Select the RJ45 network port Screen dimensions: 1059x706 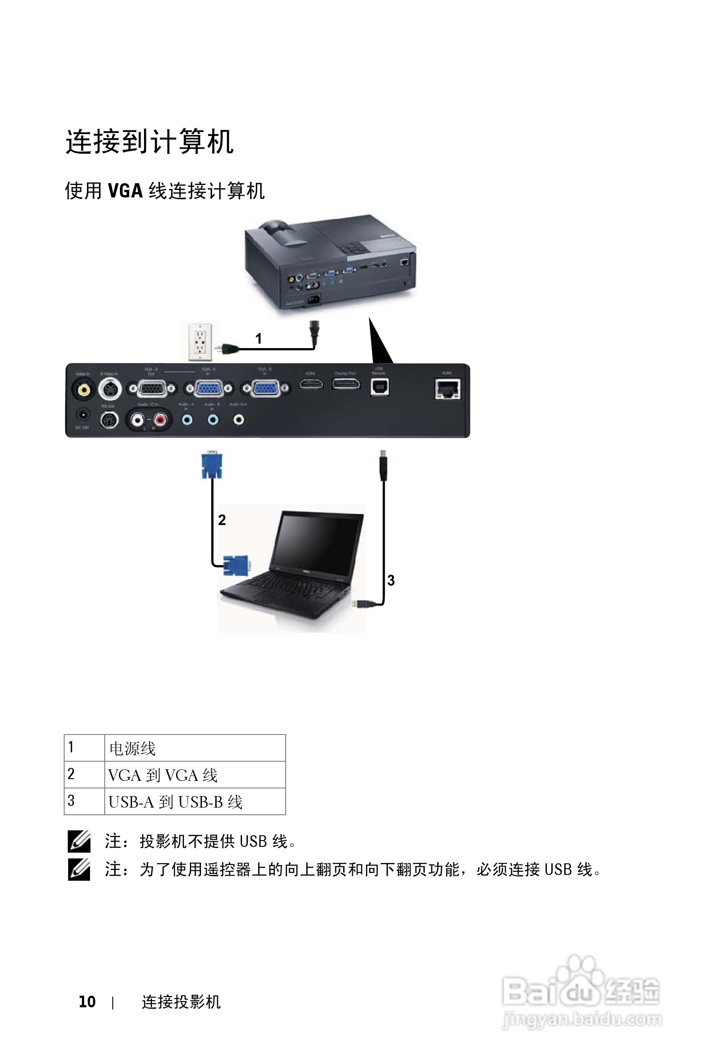pyautogui.click(x=447, y=389)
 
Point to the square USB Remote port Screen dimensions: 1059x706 pyautogui.click(x=380, y=387)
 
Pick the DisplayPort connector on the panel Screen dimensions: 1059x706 pyautogui.click(x=346, y=384)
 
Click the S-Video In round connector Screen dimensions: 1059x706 pyautogui.click(x=110, y=388)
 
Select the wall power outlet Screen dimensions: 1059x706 pyautogui.click(x=200, y=342)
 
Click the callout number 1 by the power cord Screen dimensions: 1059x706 pyautogui.click(x=259, y=338)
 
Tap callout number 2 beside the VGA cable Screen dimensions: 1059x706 pyautogui.click(x=222, y=520)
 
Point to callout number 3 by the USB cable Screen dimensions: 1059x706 pyautogui.click(x=391, y=580)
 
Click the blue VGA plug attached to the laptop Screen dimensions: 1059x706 pyautogui.click(x=236, y=566)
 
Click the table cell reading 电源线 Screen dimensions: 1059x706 pyautogui.click(x=195, y=748)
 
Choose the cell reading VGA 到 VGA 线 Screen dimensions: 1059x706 pyautogui.click(x=195, y=775)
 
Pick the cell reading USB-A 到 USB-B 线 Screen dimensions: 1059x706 pyautogui.click(x=195, y=801)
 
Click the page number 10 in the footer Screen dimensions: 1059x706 pyautogui.click(x=87, y=1002)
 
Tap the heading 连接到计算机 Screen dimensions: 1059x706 pyautogui.click(x=149, y=142)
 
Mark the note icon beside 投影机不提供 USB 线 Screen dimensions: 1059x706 pyautogui.click(x=79, y=841)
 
